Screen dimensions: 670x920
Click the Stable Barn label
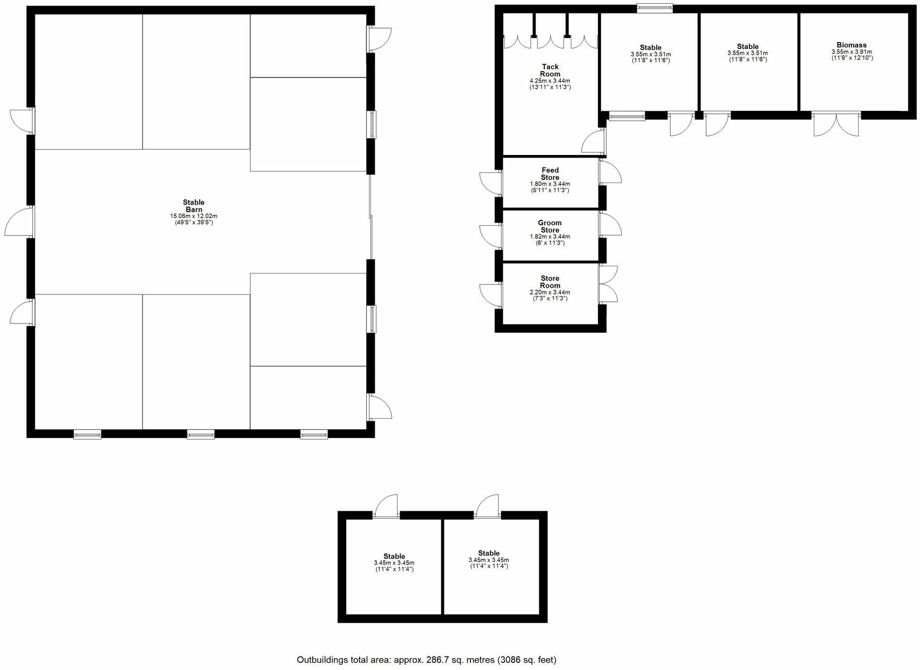[x=194, y=206]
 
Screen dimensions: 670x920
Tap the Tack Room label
[x=550, y=70]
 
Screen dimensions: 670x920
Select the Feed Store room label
[x=550, y=174]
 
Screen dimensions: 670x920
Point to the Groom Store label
[x=550, y=226]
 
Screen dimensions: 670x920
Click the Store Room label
[x=550, y=282]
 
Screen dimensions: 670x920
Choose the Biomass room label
[x=851, y=45]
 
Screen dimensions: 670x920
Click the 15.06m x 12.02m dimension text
[x=194, y=216]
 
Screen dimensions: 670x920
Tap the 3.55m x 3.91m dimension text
[x=851, y=52]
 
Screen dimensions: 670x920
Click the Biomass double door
[x=836, y=124]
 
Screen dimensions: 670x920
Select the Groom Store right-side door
[x=610, y=225]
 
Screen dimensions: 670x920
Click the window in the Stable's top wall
[x=655, y=8]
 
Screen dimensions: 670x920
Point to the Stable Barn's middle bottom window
[x=201, y=434]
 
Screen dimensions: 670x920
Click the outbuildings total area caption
[x=426, y=660]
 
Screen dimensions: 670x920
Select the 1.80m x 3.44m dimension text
[x=550, y=184]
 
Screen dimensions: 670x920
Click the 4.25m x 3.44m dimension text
[x=550, y=81]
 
